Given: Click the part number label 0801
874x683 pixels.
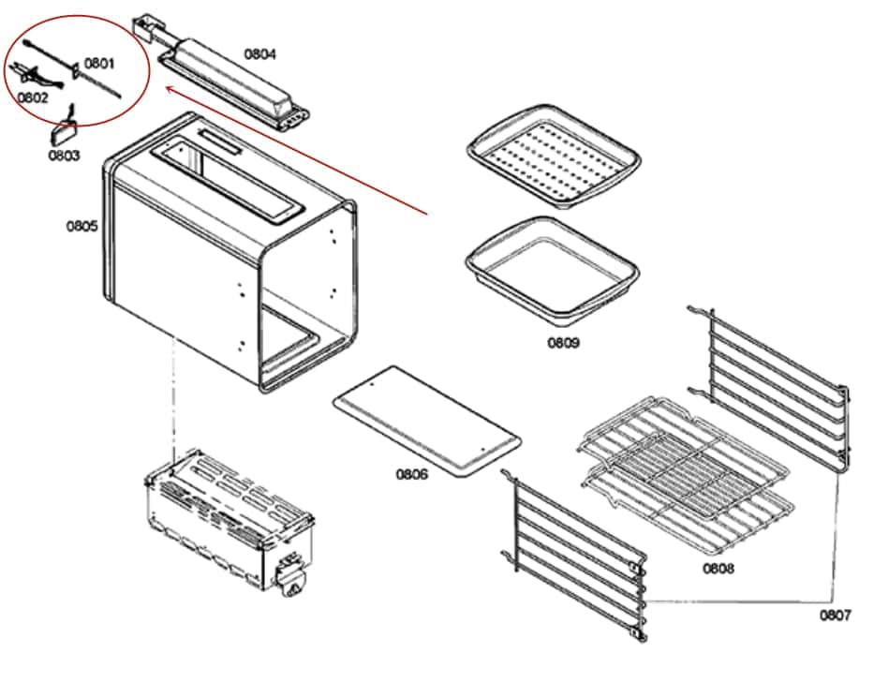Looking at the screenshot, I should [x=99, y=64].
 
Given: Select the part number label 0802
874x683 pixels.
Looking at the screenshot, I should [x=33, y=97].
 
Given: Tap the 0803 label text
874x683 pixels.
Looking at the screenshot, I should [x=65, y=155].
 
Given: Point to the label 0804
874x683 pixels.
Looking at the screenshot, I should [x=260, y=54].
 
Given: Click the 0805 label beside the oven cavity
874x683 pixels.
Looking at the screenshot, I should [x=81, y=226].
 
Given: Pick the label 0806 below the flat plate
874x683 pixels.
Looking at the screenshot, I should [x=411, y=474].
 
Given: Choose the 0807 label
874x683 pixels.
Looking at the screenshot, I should [x=836, y=615].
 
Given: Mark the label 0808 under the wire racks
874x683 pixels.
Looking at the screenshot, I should [x=718, y=568].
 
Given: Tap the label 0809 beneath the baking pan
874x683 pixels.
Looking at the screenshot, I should [x=564, y=343].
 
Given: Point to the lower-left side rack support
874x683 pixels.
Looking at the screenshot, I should [x=576, y=553].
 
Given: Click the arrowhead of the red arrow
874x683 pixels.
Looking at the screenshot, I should [x=168, y=89].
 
